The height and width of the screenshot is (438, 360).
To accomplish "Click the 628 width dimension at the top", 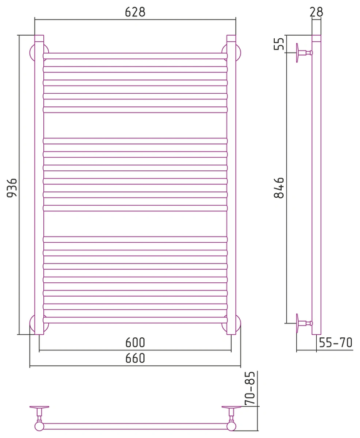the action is (x=135, y=12).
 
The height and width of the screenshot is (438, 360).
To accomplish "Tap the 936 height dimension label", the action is (x=12, y=187).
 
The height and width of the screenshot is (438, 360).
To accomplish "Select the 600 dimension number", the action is (x=135, y=342).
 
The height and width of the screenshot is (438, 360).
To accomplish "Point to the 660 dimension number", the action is (x=135, y=358).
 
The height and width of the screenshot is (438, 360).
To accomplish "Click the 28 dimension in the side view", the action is (x=316, y=12).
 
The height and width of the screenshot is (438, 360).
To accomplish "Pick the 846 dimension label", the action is (x=279, y=188).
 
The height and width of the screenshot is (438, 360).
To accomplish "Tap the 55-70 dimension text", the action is (x=336, y=342).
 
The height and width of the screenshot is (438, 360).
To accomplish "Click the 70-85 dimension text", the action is (x=250, y=389).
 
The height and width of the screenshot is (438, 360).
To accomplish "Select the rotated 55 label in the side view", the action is (x=279, y=44).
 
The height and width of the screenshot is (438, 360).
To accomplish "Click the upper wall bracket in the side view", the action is (x=304, y=53).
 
